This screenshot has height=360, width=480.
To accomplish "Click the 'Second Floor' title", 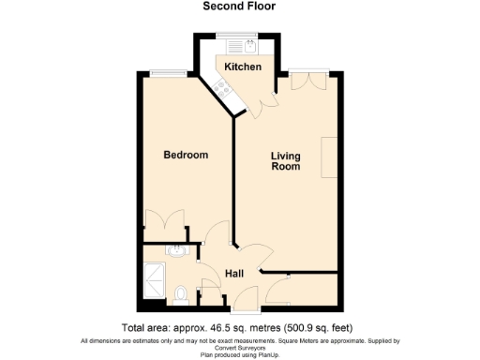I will (239, 6).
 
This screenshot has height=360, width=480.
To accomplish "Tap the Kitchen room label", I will (242, 67).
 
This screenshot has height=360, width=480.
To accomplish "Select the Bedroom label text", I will (186, 155).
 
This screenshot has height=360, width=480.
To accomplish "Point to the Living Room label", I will (286, 160).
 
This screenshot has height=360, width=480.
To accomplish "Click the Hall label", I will (235, 274).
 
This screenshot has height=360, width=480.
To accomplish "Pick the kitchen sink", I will (250, 44).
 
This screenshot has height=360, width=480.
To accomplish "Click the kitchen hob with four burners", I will (222, 89).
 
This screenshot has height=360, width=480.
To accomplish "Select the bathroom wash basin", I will (175, 251).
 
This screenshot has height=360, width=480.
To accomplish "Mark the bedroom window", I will (170, 74).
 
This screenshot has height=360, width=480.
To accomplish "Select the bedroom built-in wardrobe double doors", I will (167, 230).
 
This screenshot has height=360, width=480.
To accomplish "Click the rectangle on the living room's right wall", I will (328, 157).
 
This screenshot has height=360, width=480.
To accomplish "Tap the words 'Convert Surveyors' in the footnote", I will (240, 348).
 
